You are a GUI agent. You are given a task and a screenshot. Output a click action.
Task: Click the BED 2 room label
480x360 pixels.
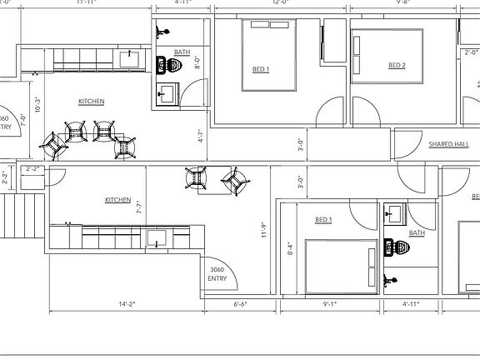[x=397, y=66]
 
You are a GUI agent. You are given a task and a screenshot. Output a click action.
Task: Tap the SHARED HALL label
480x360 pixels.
[x=448, y=144]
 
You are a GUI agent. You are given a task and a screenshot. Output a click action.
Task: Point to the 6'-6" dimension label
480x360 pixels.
[x=240, y=304]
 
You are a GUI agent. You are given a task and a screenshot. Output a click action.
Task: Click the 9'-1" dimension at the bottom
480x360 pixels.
[x=328, y=304]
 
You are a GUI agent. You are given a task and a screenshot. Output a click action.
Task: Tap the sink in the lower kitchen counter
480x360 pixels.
[x=156, y=239]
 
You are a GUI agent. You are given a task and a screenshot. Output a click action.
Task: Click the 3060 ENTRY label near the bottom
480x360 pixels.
[x=217, y=273]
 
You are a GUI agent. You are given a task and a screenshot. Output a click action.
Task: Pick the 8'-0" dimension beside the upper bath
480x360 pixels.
[x=197, y=61]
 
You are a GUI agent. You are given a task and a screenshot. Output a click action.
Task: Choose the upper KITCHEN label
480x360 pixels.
[x=92, y=102]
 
